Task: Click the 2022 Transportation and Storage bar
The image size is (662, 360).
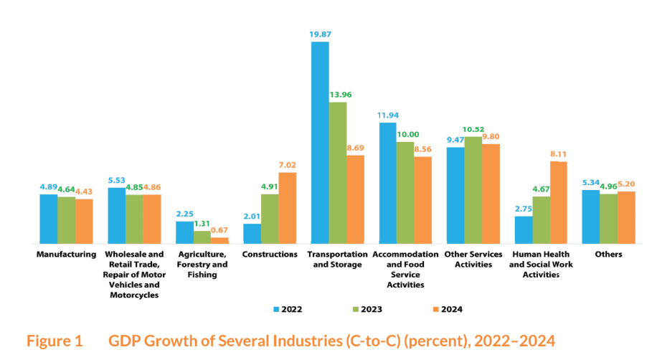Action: [x=320, y=143]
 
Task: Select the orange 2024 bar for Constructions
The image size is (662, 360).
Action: [x=287, y=208]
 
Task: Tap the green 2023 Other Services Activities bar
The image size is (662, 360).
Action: [x=473, y=190]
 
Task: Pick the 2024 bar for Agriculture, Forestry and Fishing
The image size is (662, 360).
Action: [x=219, y=240]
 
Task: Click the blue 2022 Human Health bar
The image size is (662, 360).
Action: [x=524, y=230]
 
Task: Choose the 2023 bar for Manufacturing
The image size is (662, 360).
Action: [x=66, y=220]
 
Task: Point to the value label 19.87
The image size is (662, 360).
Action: [x=320, y=34]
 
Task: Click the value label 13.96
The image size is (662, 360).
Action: [x=340, y=95]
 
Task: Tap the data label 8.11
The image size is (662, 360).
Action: [x=558, y=154]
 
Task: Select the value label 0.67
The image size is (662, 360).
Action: [x=219, y=230]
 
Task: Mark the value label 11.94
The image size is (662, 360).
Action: [x=387, y=115]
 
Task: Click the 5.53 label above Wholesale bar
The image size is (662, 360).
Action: [x=116, y=180]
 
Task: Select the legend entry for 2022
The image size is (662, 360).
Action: [x=288, y=309]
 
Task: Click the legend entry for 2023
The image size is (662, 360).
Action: [x=367, y=309]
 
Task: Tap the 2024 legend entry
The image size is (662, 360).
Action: [x=448, y=309]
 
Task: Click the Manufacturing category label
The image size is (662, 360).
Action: [x=66, y=255]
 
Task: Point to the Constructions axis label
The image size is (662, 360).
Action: [x=270, y=255]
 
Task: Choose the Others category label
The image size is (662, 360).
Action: [x=608, y=255]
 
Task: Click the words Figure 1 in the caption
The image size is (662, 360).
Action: [x=55, y=341]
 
